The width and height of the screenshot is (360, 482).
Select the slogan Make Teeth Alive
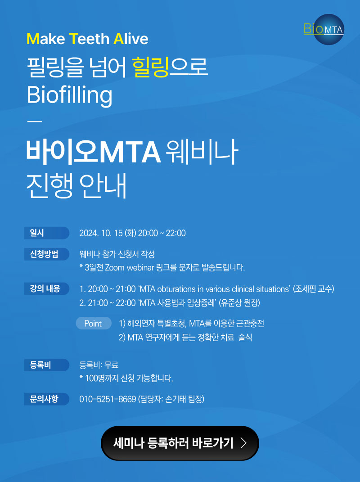(87, 39)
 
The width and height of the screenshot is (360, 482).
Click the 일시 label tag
(47, 233)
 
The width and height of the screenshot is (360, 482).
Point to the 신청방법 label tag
(47, 254)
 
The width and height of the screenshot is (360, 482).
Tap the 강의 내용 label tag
(47, 288)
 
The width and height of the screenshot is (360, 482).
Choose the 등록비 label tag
(47, 365)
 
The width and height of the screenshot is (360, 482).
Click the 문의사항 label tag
(47, 399)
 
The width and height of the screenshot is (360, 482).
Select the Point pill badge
(94, 324)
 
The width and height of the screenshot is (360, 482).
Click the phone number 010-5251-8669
(108, 399)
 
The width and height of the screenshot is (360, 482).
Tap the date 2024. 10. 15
(101, 233)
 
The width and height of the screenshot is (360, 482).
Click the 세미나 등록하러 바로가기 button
(180, 443)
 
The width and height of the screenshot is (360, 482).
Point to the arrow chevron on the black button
(243, 443)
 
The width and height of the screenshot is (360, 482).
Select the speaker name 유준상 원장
(239, 303)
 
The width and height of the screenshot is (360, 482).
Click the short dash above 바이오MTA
(35, 122)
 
